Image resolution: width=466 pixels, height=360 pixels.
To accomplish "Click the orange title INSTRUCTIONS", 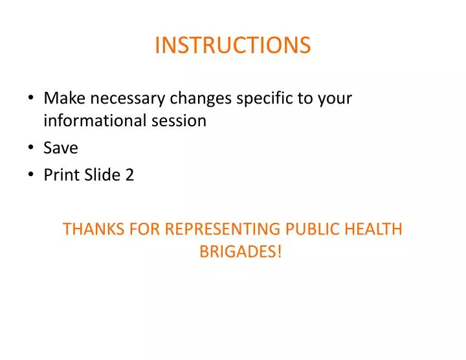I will click(x=232, y=45).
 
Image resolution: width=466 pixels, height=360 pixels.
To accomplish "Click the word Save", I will click(x=61, y=148).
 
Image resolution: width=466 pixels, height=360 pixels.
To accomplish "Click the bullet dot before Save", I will click(x=32, y=148).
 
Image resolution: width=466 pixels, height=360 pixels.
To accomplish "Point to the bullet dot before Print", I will click(x=32, y=175).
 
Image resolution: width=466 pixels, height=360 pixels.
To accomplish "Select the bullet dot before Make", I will click(x=32, y=98).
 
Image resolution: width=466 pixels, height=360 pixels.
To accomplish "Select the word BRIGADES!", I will click(x=241, y=251).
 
